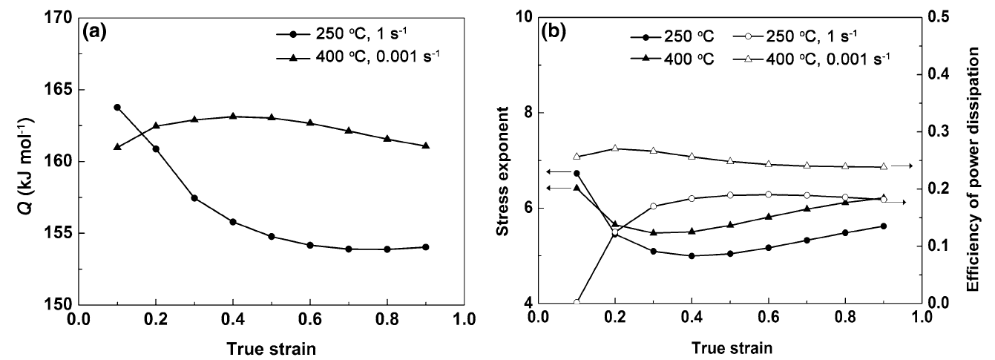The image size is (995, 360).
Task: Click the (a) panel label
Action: coord(95,33)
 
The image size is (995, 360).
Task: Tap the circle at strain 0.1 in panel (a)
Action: coord(117,107)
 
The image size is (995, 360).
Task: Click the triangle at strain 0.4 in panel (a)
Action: coord(233,116)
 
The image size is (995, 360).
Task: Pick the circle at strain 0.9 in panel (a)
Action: coord(426,247)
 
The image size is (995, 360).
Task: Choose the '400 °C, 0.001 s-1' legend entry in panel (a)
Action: coord(358,57)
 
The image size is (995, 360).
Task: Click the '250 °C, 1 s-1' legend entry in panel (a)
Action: coord(347,33)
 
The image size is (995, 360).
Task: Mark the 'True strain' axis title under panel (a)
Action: coord(272,349)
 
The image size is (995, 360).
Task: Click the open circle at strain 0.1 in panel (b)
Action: coord(577,303)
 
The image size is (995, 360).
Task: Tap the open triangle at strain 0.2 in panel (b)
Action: coord(615,148)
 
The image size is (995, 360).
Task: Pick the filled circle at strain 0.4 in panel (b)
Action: coord(692,256)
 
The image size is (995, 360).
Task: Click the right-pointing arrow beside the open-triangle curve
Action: coord(902,166)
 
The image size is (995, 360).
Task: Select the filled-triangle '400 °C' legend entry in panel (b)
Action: coord(672,59)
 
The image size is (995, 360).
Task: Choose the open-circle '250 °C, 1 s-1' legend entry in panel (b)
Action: coord(795,36)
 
